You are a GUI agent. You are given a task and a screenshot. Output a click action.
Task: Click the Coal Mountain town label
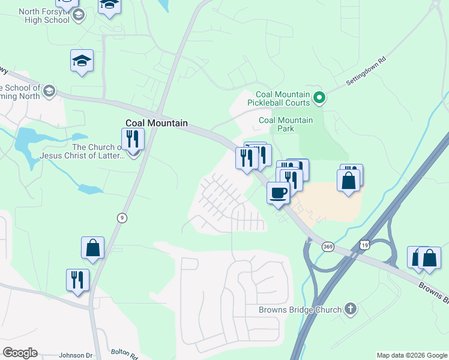pyautogui.click(x=156, y=123)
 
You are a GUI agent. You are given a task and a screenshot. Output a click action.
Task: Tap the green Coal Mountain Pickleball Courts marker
pyautogui.click(x=320, y=96)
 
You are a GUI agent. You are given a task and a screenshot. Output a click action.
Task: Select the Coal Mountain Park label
pyautogui.click(x=286, y=124)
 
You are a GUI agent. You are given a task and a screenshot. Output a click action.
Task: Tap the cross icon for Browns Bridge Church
pyautogui.click(x=351, y=310)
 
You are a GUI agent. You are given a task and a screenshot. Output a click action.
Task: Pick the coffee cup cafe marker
pyautogui.click(x=278, y=193)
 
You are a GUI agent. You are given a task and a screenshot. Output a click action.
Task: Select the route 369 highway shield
pyautogui.click(x=328, y=247)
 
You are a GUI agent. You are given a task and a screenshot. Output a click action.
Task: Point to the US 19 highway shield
pyautogui.click(x=365, y=244)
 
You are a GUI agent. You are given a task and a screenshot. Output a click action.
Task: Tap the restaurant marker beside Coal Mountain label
pyautogui.click(x=132, y=139)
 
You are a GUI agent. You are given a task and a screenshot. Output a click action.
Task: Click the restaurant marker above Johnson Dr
pyautogui.click(x=78, y=280)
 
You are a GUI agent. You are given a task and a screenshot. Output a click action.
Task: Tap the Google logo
pyautogui.click(x=20, y=353)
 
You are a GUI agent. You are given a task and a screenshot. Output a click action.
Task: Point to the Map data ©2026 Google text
pyautogui.click(x=412, y=355)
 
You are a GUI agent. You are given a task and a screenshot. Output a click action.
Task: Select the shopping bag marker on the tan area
pyautogui.click(x=348, y=180)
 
